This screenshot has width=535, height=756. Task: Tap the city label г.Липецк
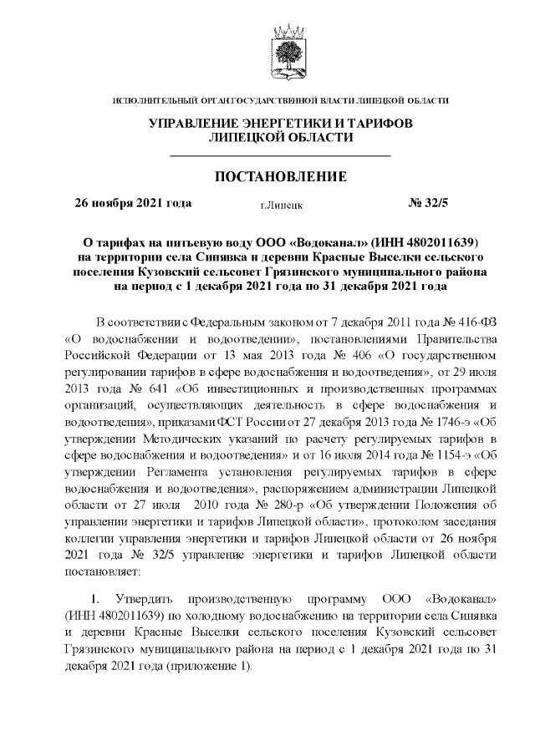tap(281, 204)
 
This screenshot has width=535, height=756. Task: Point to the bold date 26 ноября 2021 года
tap(133, 202)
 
